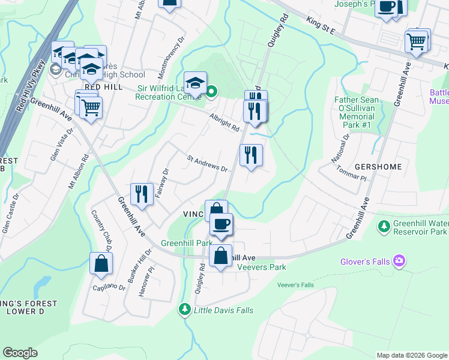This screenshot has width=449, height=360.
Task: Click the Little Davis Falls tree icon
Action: (x=185, y=310)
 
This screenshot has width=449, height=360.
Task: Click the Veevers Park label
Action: (x=261, y=267)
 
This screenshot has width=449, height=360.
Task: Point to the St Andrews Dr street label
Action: (x=207, y=164)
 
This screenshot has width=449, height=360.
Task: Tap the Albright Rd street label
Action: (x=224, y=122)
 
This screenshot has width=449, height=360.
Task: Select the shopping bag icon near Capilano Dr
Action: (x=101, y=263)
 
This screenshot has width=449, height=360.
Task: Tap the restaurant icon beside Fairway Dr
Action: (x=141, y=194)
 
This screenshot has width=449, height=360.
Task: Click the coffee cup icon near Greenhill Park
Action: (x=221, y=224)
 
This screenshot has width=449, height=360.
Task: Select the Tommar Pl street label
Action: (x=351, y=174)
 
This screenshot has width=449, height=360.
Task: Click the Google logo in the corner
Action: (x=20, y=353)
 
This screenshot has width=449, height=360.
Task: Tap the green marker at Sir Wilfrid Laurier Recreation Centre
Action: (x=211, y=92)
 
